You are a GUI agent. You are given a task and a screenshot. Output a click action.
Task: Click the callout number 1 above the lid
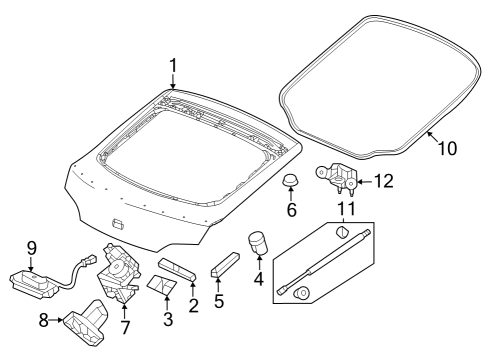coord(173,66)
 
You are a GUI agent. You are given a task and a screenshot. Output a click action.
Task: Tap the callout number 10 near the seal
coord(447,148)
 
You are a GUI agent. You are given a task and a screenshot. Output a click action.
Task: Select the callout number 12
coord(384,181)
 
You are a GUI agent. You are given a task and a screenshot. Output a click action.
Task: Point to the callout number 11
coord(347,209)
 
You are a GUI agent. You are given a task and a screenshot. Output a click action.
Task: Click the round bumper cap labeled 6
coord(291,180)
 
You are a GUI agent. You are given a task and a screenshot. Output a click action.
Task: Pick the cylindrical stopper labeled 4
coord(259,242)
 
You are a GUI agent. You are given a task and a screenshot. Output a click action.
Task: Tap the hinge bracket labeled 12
coord(336,177)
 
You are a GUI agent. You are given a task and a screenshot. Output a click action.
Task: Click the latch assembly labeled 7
coord(119,273)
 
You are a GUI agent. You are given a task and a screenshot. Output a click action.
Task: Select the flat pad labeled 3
coord(162,284)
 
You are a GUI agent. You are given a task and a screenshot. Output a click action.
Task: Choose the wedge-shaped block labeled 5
coord(226,265)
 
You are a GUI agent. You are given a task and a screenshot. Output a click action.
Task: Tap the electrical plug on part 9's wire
coord(89,260)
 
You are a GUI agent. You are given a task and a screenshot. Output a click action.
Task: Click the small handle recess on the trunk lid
coord(118,224)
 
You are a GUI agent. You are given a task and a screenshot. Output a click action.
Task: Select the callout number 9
coord(31,248)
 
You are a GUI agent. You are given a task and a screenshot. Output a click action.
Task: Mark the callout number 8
coord(43,320)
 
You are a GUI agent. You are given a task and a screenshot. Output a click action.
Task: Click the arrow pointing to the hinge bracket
coord(365,182)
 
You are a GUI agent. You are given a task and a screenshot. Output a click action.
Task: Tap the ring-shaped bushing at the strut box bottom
coord(302,293)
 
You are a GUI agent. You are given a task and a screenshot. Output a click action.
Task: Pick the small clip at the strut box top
coord(342,232)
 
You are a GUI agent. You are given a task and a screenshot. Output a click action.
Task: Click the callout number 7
coord(125,327)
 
